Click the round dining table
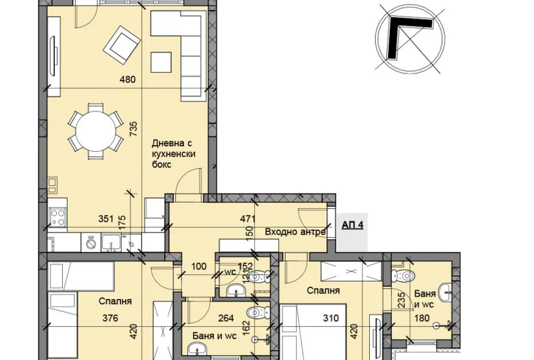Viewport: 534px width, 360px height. [96, 131]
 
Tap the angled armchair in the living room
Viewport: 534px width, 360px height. [122, 45]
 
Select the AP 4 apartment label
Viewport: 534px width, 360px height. [353, 225]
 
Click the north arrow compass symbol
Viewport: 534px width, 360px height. [410, 38]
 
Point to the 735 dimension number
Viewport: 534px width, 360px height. [134, 129]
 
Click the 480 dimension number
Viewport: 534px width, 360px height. [127, 80]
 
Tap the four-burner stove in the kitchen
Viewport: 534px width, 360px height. [57, 217]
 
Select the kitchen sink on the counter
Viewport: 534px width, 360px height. [111, 243]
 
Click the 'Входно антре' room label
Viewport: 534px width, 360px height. [295, 233]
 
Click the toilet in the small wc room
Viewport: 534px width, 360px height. [258, 277]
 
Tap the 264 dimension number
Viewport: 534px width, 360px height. [226, 318]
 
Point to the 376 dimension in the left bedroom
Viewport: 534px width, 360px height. [110, 318]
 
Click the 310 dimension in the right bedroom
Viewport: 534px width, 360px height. [331, 318]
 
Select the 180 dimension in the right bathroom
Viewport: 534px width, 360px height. [421, 318]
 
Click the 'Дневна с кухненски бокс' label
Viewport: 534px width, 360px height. [173, 154]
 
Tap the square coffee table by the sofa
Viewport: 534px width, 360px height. [161, 62]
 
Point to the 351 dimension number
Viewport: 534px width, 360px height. [106, 219]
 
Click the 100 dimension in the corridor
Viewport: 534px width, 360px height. [199, 266]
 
